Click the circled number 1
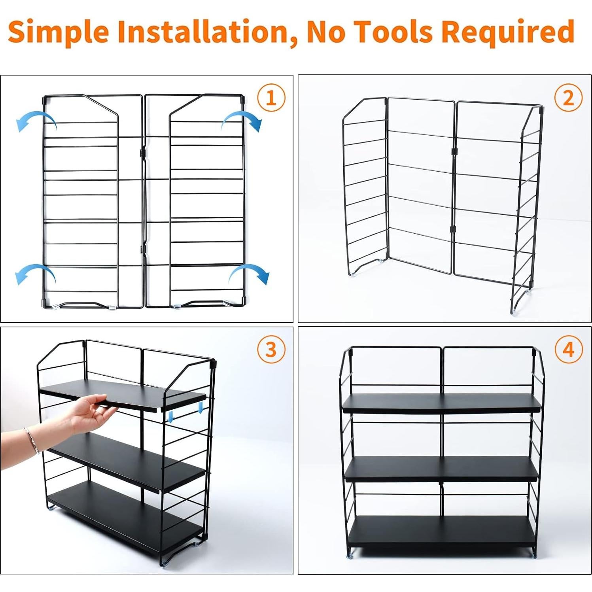(x=271, y=98)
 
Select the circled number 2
(x=568, y=98)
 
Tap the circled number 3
(x=271, y=350)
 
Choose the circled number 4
(x=568, y=350)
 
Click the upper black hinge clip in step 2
(x=454, y=151)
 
